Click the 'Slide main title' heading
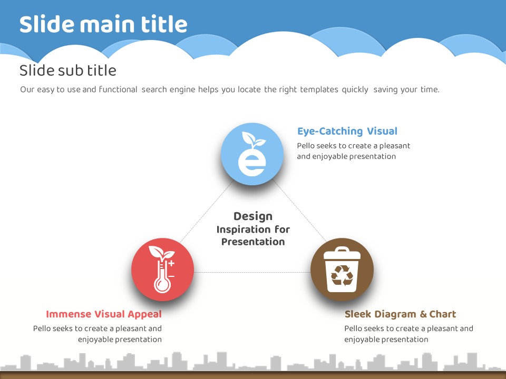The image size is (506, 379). pos(103,24)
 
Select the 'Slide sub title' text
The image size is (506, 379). pos(68,70)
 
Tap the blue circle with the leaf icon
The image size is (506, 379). pos(252,154)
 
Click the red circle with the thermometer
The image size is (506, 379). pos(163,270)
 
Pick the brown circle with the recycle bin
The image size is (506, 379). pos(342,270)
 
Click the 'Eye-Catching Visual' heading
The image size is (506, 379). pos(347,131)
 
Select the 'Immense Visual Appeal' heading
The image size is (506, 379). pos(104,314)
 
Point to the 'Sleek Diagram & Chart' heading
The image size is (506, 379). pos(400,314)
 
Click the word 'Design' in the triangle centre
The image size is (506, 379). pos(253,216)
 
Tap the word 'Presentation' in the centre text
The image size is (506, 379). pos(253,242)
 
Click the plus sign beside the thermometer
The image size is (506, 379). pos(171,263)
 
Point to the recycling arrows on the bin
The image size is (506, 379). pos(342,275)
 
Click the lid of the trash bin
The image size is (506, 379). pos(342,254)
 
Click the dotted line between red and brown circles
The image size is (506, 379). pos(252,272)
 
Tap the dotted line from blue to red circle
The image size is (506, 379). pos(207,211)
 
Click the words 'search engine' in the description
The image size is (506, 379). pos(168,89)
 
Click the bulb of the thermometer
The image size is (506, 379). pos(162,285)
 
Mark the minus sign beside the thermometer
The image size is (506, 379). pos(171,276)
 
